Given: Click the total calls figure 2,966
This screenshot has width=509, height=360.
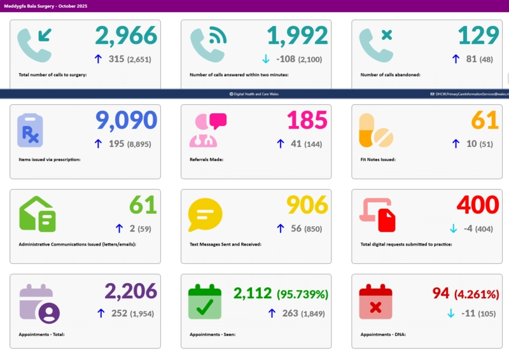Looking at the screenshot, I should pyautogui.click(x=126, y=36).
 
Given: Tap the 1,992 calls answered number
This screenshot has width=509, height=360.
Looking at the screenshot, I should pyautogui.click(x=297, y=36).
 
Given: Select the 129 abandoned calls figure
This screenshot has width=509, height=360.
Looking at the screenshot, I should pyautogui.click(x=478, y=36).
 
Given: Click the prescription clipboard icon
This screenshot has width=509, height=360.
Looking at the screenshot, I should pyautogui.click(x=30, y=130).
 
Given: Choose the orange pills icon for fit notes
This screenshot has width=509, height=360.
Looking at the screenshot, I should pyautogui.click(x=375, y=130).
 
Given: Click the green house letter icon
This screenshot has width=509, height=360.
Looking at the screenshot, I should pyautogui.click(x=38, y=213).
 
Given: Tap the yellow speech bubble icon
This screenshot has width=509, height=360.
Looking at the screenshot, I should pyautogui.click(x=205, y=214).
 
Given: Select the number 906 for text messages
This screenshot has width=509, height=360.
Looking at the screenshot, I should pyautogui.click(x=307, y=205).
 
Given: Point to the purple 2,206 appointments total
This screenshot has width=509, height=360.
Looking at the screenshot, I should pyautogui.click(x=130, y=291).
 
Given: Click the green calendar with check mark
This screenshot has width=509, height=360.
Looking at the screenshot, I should pyautogui.click(x=205, y=302).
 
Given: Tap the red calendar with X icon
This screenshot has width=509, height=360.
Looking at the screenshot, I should pyautogui.click(x=375, y=302).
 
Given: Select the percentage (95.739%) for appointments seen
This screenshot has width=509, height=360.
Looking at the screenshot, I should pyautogui.click(x=302, y=294).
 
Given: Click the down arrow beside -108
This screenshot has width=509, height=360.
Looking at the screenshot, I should pyautogui.click(x=266, y=59).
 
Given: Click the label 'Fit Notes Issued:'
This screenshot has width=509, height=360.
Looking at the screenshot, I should pyautogui.click(x=378, y=159).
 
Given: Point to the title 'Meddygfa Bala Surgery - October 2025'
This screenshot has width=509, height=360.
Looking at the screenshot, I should pyautogui.click(x=45, y=6).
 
